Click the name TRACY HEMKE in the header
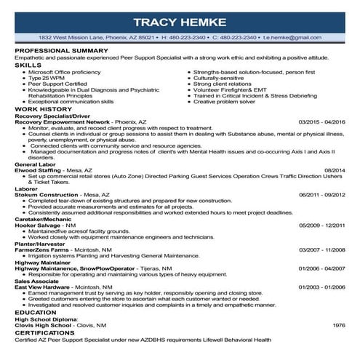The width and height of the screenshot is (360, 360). [180, 20]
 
